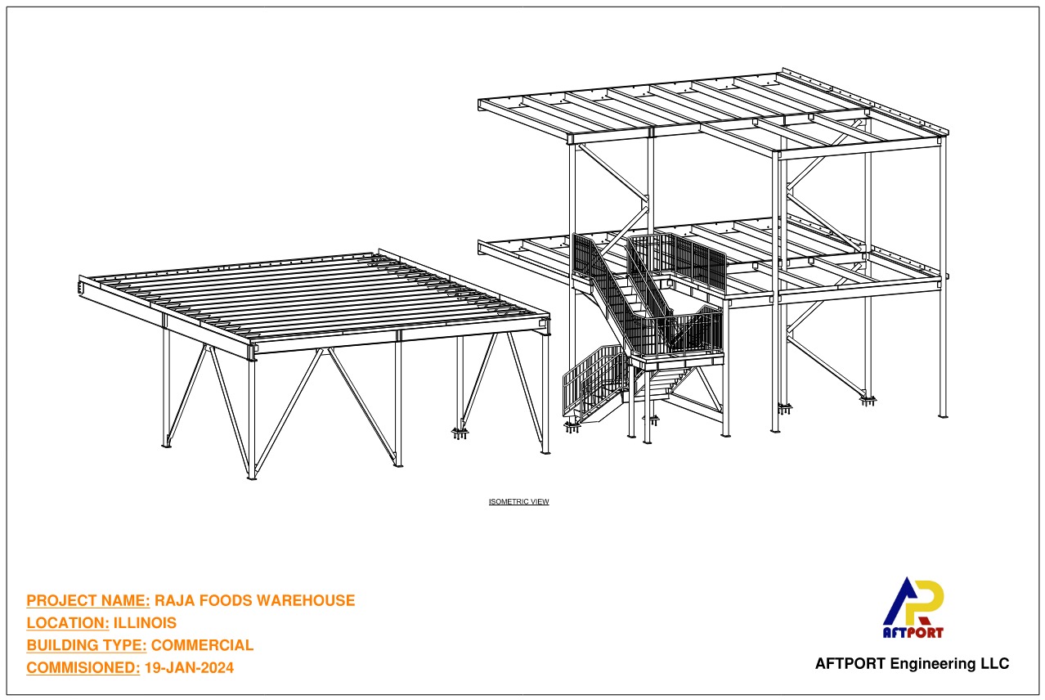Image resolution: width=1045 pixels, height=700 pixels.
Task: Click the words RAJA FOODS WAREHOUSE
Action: pyautogui.click(x=255, y=600)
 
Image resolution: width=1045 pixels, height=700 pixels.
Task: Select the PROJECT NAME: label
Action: pyautogui.click(x=88, y=600)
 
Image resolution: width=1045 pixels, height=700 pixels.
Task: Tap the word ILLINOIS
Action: pyautogui.click(x=145, y=623)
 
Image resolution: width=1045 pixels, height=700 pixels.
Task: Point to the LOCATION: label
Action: pyautogui.click(x=68, y=623)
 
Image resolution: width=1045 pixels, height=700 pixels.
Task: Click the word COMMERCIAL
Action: pyautogui.click(x=203, y=645)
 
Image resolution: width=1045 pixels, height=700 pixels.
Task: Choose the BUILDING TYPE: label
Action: pyautogui.click(x=87, y=645)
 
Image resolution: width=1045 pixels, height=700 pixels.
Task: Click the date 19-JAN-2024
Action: pyautogui.click(x=189, y=668)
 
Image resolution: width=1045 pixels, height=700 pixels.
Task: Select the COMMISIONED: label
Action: pyautogui.click(x=83, y=668)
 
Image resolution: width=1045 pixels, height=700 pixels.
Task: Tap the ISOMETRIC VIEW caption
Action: pyautogui.click(x=518, y=501)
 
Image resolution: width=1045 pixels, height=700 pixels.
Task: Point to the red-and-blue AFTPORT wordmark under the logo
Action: pyautogui.click(x=913, y=632)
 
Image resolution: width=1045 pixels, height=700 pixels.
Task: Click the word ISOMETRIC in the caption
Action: pyautogui.click(x=509, y=501)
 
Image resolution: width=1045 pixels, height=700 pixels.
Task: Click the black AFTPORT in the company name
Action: pyautogui.click(x=850, y=663)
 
